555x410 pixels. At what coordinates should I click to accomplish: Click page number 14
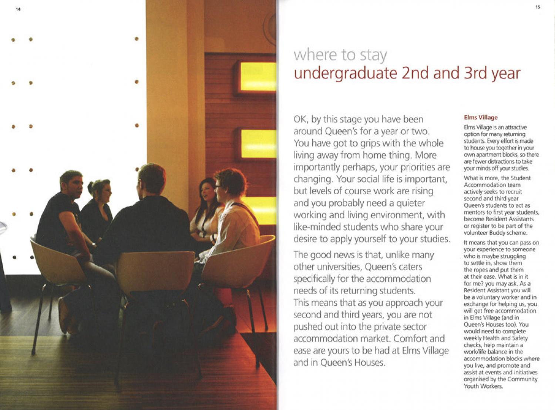click(x=18, y=9)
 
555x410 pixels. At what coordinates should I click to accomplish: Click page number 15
click(x=538, y=7)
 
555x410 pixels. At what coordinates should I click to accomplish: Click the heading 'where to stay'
click(x=340, y=55)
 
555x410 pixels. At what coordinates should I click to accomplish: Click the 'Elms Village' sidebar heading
click(x=481, y=117)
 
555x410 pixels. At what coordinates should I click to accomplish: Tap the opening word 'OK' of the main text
click(x=300, y=120)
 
